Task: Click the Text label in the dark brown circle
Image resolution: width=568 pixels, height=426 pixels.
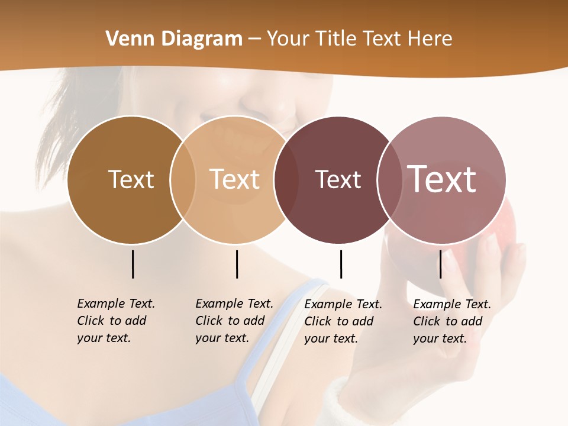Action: click(x=131, y=179)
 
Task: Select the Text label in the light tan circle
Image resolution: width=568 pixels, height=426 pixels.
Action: click(x=235, y=179)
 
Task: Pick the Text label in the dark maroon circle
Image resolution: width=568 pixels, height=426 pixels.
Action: click(x=338, y=179)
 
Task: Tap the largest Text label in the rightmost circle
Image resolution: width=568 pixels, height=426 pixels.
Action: click(x=441, y=179)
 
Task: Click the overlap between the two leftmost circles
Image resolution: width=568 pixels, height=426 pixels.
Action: click(x=183, y=179)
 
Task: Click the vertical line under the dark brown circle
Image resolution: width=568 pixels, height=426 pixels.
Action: click(x=133, y=264)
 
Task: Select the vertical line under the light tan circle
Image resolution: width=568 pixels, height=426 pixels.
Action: click(x=237, y=264)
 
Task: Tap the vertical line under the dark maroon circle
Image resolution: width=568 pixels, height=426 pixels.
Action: click(x=341, y=264)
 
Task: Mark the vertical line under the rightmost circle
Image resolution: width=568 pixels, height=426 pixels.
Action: click(x=440, y=264)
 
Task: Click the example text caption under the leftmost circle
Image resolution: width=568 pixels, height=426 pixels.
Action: click(x=115, y=321)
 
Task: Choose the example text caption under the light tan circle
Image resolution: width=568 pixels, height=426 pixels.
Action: click(x=234, y=321)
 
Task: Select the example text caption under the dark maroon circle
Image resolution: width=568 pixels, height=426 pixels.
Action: click(x=343, y=321)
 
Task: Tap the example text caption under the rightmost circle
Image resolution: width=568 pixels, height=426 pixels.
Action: click(x=451, y=321)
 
